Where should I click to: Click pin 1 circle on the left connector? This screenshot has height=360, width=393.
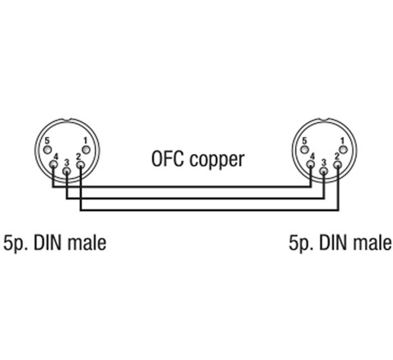(x=86, y=150)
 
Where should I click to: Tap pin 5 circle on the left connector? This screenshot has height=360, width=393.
(x=47, y=150)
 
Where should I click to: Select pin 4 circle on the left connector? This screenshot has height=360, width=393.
(x=53, y=165)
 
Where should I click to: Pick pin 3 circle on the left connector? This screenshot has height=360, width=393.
(x=67, y=171)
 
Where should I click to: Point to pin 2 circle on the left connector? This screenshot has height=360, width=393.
(x=80, y=165)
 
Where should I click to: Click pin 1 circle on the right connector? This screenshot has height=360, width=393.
(x=343, y=150)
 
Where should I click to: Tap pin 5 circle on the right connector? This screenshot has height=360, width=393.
(x=305, y=150)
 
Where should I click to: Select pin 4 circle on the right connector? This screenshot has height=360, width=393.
(x=310, y=165)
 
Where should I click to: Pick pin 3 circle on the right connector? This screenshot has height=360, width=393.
(x=324, y=171)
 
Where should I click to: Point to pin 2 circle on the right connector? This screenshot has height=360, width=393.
(x=337, y=165)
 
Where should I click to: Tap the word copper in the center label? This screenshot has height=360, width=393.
(x=217, y=160)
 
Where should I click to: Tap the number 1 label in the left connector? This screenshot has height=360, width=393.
(x=86, y=140)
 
